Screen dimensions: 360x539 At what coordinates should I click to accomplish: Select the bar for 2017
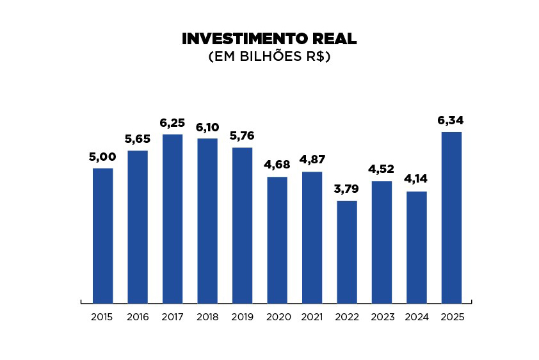pyautogui.click(x=172, y=218)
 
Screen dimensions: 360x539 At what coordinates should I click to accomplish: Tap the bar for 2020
pyautogui.click(x=277, y=240)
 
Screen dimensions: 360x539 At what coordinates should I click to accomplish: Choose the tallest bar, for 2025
pyautogui.click(x=451, y=217)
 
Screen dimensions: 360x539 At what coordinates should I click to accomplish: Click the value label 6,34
pyautogui.click(x=451, y=120)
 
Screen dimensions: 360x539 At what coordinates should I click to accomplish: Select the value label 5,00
pyautogui.click(x=102, y=157)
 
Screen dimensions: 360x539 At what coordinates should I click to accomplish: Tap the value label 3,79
pyautogui.click(x=346, y=189)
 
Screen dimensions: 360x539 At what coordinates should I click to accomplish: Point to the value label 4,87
pyautogui.click(x=312, y=160)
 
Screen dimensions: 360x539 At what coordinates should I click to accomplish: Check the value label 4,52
pyautogui.click(x=382, y=170)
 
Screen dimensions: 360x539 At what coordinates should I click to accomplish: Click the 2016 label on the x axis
pyautogui.click(x=138, y=317)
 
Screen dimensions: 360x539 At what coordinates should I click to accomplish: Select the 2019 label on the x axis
pyautogui.click(x=242, y=317)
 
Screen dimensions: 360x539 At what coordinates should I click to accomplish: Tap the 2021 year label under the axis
pyautogui.click(x=312, y=317)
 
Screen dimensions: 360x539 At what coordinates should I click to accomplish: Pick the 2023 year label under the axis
pyautogui.click(x=382, y=317)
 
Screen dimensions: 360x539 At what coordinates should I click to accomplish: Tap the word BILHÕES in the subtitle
pyautogui.click(x=271, y=57)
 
